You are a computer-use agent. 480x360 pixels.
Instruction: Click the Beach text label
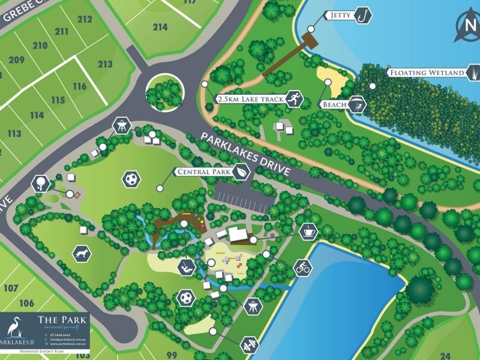point(334,104)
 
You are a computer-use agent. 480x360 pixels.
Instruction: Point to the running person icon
point(293,99)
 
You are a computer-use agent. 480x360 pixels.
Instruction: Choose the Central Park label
point(203,172)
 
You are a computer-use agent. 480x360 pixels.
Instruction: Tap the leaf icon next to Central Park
point(241,172)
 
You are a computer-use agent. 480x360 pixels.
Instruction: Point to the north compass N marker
point(467,25)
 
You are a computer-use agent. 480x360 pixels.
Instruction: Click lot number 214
point(160,26)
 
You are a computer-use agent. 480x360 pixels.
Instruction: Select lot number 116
point(79,86)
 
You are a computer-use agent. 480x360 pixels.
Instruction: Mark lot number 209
point(16,59)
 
